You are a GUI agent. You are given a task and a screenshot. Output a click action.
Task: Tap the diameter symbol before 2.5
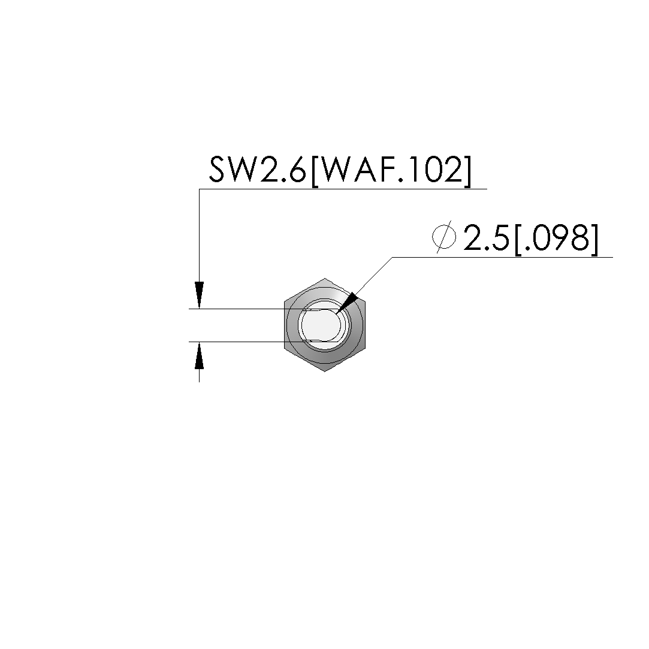pos(444,238)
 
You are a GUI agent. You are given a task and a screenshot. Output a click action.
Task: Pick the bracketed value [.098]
pos(556,239)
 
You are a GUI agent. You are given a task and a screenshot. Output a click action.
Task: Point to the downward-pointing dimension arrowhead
pos(200,295)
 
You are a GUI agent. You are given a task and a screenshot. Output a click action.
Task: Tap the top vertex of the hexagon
pos(324,279)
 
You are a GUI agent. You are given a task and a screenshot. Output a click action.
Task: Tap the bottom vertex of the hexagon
pos(324,372)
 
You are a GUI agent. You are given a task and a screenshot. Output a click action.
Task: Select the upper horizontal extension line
pos(240,309)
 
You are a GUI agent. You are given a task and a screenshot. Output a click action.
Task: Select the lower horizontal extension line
pos(240,342)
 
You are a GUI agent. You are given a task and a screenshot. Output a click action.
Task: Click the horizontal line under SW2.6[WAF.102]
pos(342,189)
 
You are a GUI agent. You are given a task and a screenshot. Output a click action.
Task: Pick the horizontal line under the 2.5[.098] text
pos(503,258)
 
